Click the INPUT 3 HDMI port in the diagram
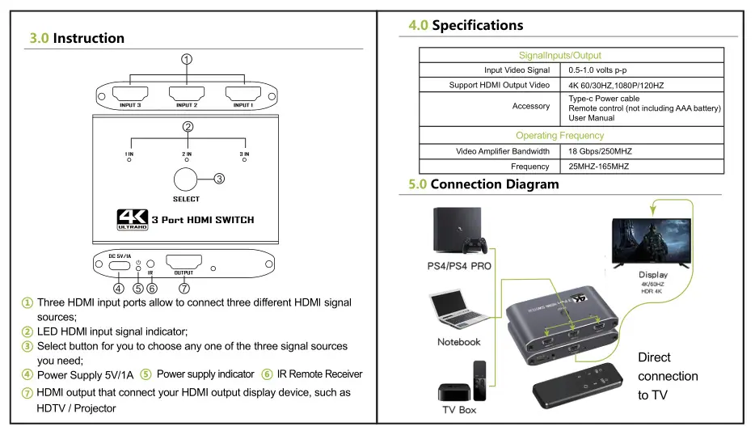[130, 93]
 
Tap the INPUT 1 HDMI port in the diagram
[243, 93]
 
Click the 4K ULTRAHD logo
[133, 220]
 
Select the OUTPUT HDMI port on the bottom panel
[183, 262]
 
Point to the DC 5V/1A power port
[120, 265]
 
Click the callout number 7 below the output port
[184, 289]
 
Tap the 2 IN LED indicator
[187, 159]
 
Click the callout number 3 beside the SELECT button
[219, 179]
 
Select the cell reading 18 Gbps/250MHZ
[600, 151]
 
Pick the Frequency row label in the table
[529, 167]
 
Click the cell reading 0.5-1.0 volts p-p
[597, 70]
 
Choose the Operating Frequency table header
[559, 135]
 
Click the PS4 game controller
[475, 245]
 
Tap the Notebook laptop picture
[458, 309]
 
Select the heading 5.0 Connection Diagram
[483, 184]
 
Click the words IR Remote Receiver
[319, 374]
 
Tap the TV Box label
[459, 410]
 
